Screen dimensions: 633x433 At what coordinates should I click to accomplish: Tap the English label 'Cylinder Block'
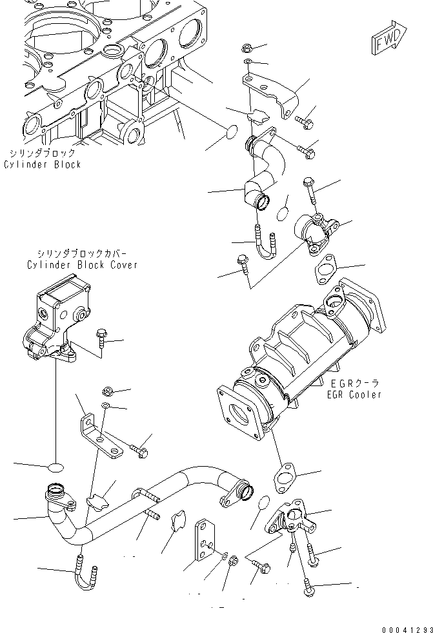pos(42,164)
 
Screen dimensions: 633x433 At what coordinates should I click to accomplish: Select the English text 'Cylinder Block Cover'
pos(82,265)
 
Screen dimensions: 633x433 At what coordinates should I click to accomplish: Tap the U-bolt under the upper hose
pos(267,246)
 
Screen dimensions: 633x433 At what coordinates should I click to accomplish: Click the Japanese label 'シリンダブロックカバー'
pos(82,254)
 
